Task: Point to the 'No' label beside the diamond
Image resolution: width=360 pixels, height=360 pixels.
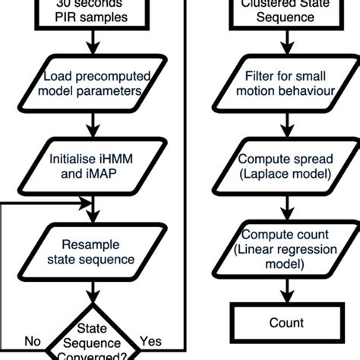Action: click(33, 342)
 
